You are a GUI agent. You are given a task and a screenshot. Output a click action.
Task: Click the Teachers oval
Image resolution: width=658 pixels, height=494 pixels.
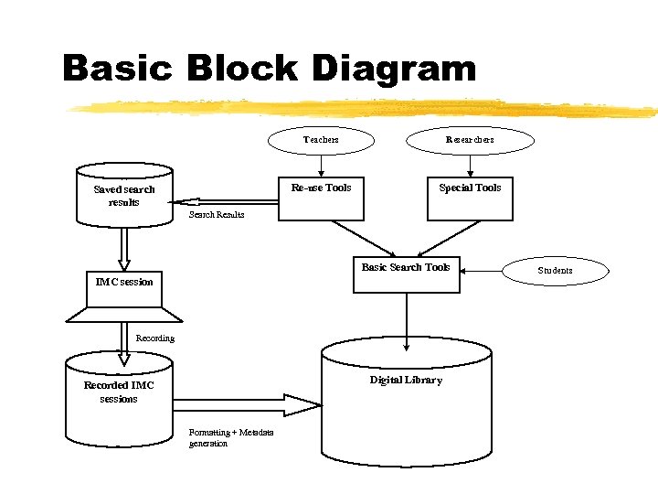pos(321,140)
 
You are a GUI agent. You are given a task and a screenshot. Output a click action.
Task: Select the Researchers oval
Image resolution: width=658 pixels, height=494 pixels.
pos(470,140)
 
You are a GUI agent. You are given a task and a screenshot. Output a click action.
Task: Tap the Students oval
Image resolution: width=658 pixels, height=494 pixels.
pos(555,271)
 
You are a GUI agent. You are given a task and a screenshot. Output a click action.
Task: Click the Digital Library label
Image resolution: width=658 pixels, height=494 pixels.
pos(406,380)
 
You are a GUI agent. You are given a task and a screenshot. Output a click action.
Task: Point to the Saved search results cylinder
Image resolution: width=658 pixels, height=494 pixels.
pos(124,195)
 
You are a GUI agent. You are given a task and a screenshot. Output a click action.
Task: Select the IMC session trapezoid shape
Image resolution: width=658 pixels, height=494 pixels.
pos(124,297)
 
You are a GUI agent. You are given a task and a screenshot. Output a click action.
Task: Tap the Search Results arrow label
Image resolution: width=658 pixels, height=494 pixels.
pos(217,215)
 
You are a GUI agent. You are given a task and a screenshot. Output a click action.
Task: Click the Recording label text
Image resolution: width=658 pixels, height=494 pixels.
pos(155,338)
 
